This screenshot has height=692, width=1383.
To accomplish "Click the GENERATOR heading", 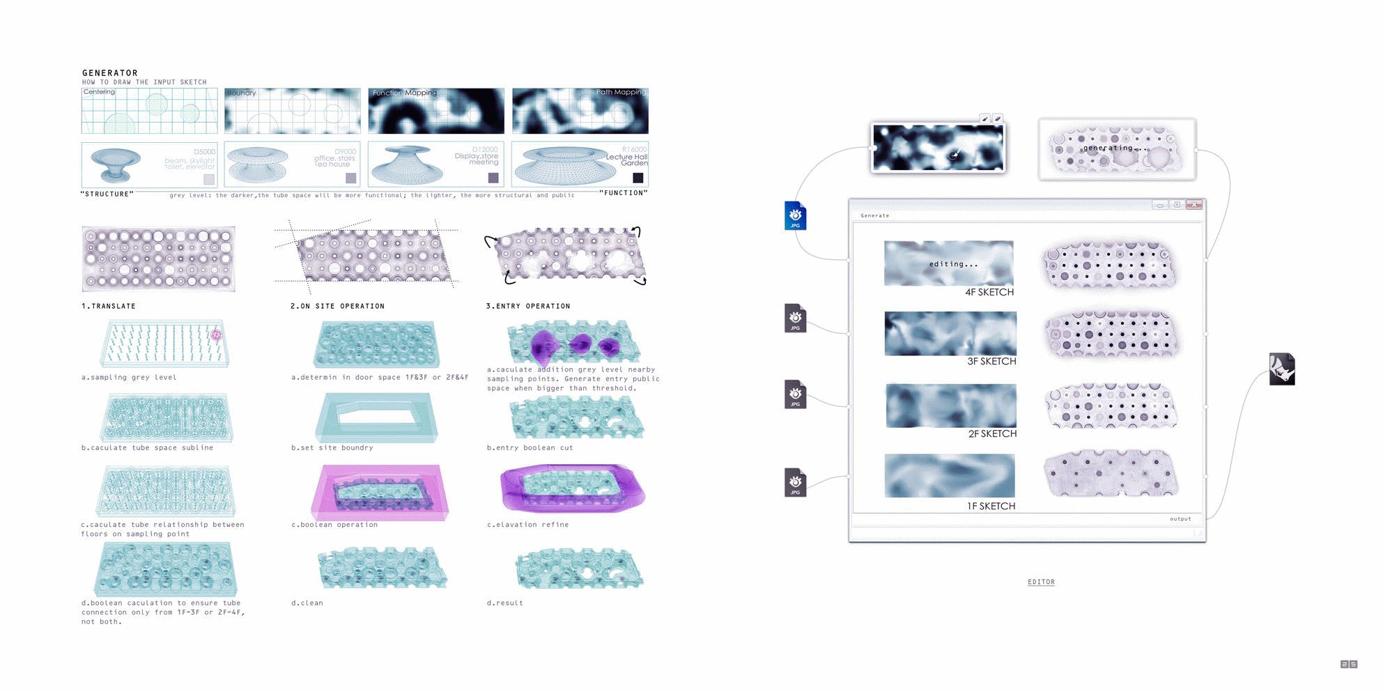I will click(109, 72).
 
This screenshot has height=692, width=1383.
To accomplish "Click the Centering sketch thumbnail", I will click(149, 111).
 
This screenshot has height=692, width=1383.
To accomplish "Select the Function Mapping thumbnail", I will click(435, 111).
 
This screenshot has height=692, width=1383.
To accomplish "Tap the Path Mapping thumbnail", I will click(580, 111).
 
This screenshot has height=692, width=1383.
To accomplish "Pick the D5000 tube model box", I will click(149, 164).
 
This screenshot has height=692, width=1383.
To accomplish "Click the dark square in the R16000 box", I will click(638, 178).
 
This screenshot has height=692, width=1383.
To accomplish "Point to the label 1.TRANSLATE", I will click(108, 306).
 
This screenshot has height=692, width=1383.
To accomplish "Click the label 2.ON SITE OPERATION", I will click(337, 306).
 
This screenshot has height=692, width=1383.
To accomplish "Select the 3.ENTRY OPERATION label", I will click(527, 306).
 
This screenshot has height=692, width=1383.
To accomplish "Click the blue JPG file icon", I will click(795, 215).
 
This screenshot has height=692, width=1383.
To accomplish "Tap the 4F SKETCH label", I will click(989, 292).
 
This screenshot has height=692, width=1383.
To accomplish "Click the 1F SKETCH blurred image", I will click(949, 475).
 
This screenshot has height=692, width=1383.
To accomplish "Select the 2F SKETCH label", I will click(991, 433).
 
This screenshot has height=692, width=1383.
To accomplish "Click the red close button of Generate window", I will click(1193, 205).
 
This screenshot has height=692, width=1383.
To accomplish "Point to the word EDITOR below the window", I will click(1041, 582).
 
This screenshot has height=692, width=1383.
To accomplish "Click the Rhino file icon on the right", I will click(1281, 369).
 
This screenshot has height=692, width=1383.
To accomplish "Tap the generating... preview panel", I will click(1116, 149).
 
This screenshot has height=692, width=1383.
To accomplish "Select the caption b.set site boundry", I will click(332, 447).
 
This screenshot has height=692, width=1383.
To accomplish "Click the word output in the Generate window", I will click(1180, 518).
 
